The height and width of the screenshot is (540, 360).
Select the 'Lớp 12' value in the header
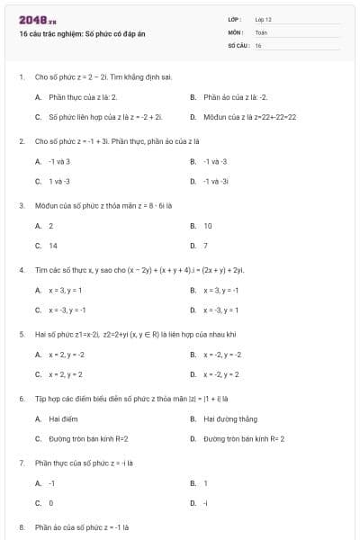pos(263,19)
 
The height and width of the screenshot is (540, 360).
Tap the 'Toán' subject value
pos(261,31)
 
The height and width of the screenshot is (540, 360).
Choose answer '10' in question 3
pos(208,226)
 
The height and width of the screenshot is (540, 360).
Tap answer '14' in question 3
pos(53,246)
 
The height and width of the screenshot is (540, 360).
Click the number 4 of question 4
pos(21,269)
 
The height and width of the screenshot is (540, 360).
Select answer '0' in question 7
pos(51,503)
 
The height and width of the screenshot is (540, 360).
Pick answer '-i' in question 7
pos(206,503)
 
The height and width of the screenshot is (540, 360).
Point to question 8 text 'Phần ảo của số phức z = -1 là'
pos(83,526)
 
